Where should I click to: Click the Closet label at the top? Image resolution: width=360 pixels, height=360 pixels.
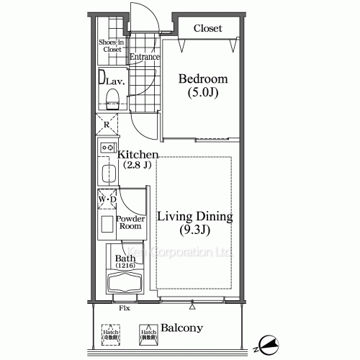(207, 28)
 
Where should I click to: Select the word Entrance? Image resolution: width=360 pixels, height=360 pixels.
(144, 56)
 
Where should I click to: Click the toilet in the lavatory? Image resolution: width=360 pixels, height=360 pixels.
(112, 96)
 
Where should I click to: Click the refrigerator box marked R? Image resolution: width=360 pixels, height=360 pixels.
(107, 124)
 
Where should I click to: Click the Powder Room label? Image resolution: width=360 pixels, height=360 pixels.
(131, 222)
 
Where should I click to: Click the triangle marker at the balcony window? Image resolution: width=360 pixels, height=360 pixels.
(192, 306)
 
